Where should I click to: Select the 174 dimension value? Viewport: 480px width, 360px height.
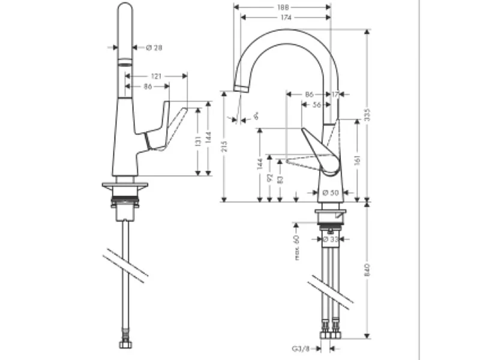pyautogui.click(x=286, y=18)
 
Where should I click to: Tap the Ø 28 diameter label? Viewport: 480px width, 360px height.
pyautogui.click(x=154, y=47)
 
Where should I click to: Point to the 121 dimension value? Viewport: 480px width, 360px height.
pyautogui.click(x=156, y=76)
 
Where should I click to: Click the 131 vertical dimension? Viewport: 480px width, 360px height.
pyautogui.click(x=197, y=141)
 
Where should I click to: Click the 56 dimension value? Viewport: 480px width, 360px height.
pyautogui.click(x=317, y=104)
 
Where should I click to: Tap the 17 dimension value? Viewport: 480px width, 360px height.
pyautogui.click(x=335, y=94)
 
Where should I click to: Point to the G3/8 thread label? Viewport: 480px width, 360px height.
pyautogui.click(x=301, y=347)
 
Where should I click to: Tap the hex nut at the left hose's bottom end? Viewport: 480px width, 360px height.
pyautogui.click(x=125, y=346)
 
